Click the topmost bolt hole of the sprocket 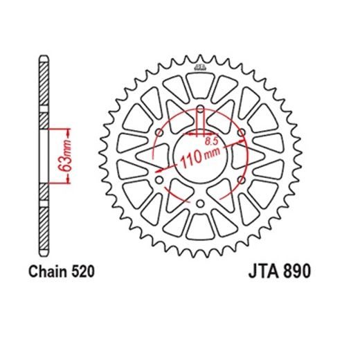200,110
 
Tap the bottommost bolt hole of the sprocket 200,204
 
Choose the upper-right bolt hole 240,133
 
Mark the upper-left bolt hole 160,133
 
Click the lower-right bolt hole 240,181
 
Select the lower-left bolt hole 160,181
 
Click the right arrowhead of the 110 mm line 245,141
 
